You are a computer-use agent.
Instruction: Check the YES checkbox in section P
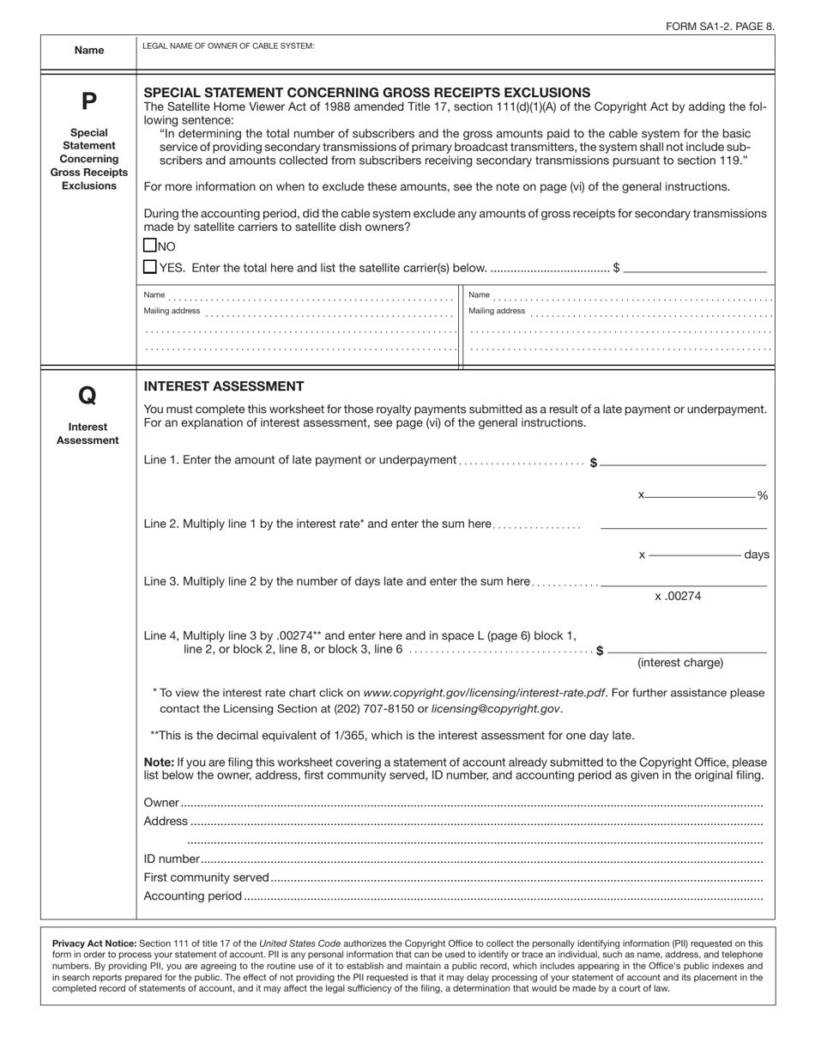point(150,267)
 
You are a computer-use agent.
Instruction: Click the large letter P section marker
point(88,101)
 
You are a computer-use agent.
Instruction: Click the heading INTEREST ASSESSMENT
point(223,386)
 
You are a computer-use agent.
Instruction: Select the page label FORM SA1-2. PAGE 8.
point(720,26)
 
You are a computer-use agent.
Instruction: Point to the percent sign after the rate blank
point(762,496)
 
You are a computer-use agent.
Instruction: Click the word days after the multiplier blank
point(757,555)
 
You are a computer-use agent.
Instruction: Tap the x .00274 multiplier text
point(678,596)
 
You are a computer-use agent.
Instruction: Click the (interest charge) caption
point(679,662)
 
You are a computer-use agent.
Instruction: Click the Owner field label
point(161,803)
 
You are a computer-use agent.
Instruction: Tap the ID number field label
point(172,859)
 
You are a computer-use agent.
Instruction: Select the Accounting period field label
point(193,896)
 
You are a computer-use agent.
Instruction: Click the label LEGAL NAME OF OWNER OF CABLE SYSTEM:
point(228,46)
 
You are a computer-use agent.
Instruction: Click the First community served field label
point(207,877)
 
